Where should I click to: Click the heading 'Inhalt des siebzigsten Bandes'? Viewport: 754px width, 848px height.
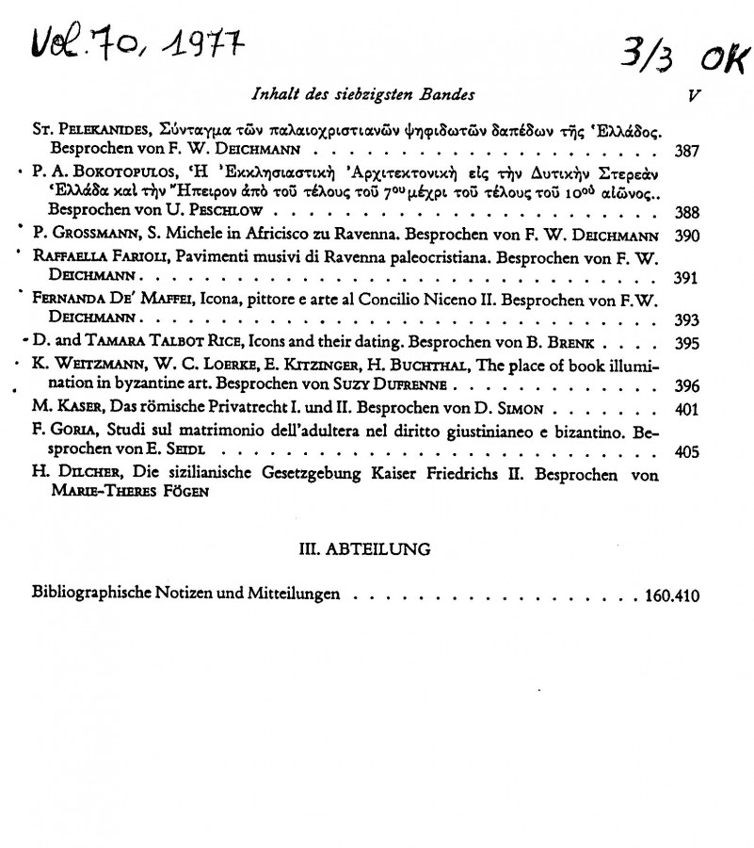coord(362,94)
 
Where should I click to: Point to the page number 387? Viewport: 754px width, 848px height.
coord(687,150)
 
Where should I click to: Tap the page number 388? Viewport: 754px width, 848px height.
coord(687,212)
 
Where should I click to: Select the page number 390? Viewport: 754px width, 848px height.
coord(687,236)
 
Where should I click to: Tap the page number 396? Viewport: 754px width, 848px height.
coord(687,386)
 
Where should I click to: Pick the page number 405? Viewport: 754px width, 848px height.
coord(687,451)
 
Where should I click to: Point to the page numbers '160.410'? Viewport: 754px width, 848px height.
coord(672,596)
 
